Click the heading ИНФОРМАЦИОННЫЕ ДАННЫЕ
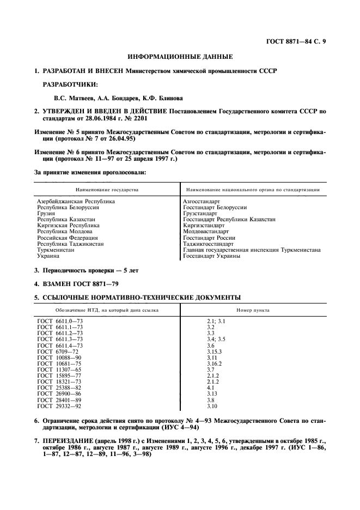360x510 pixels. (180, 56)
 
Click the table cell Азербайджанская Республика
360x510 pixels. (76, 202)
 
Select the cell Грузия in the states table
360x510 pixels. (46, 214)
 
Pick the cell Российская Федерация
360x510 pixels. (67, 238)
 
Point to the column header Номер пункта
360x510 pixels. (253, 310)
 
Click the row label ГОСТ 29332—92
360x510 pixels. (60, 406)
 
